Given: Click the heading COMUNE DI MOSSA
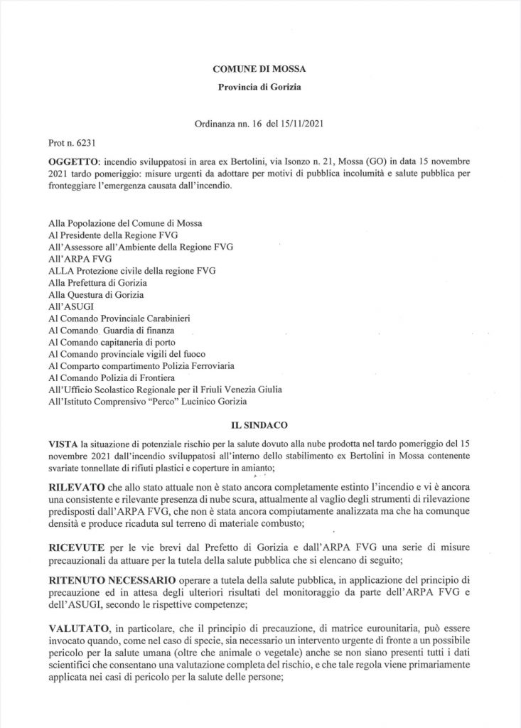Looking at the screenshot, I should [260, 70].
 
